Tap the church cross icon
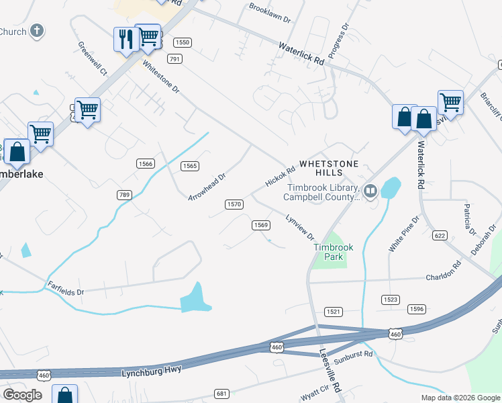(38, 31)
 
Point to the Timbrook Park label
(334, 252)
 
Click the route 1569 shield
(261, 225)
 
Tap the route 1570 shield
(234, 204)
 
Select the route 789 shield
(123, 195)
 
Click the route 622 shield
(440, 235)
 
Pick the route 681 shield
(222, 393)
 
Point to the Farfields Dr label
(65, 289)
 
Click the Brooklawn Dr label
(270, 13)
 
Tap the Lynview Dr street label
(300, 227)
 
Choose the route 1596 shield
(416, 309)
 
